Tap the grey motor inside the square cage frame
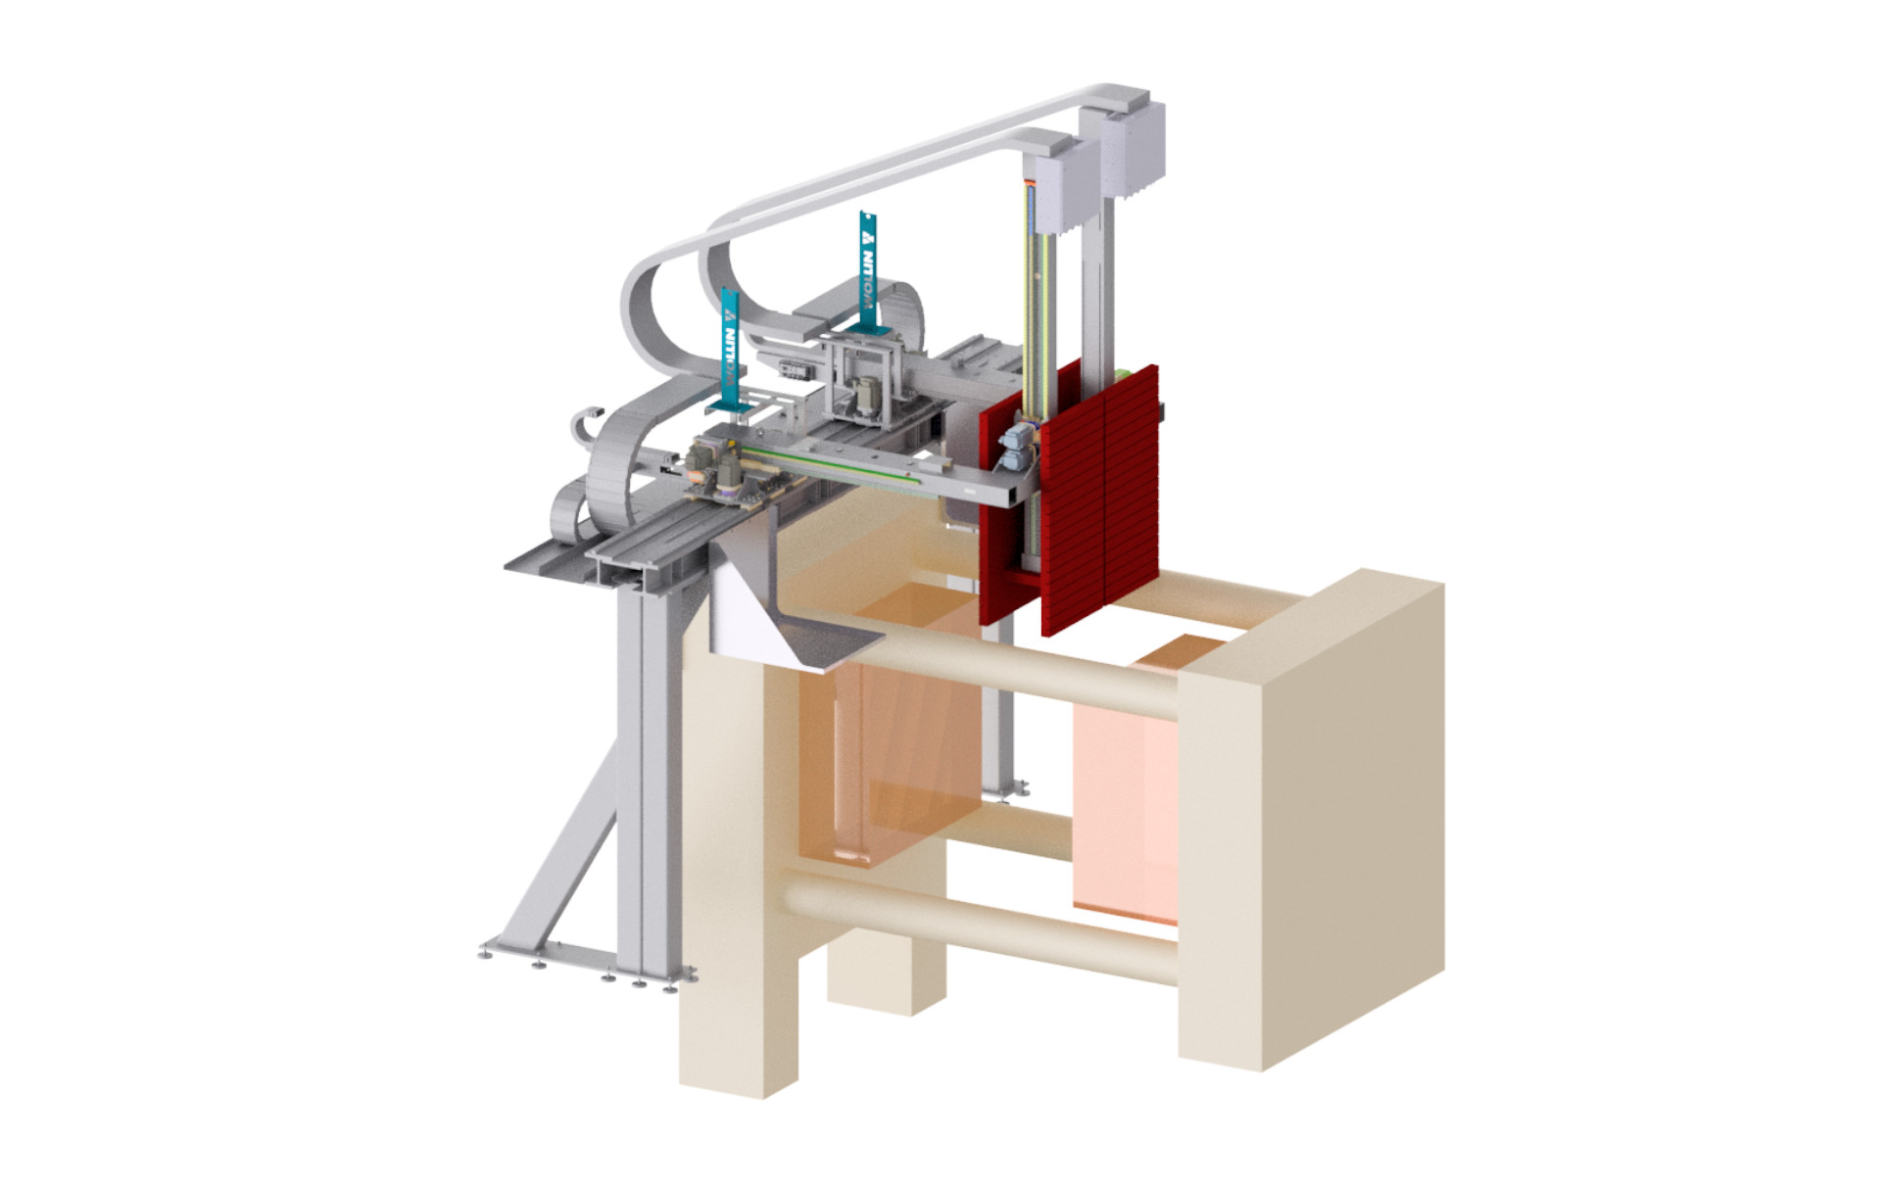point(866,397)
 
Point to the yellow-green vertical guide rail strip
point(1035,294)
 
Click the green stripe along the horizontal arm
point(833,465)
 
